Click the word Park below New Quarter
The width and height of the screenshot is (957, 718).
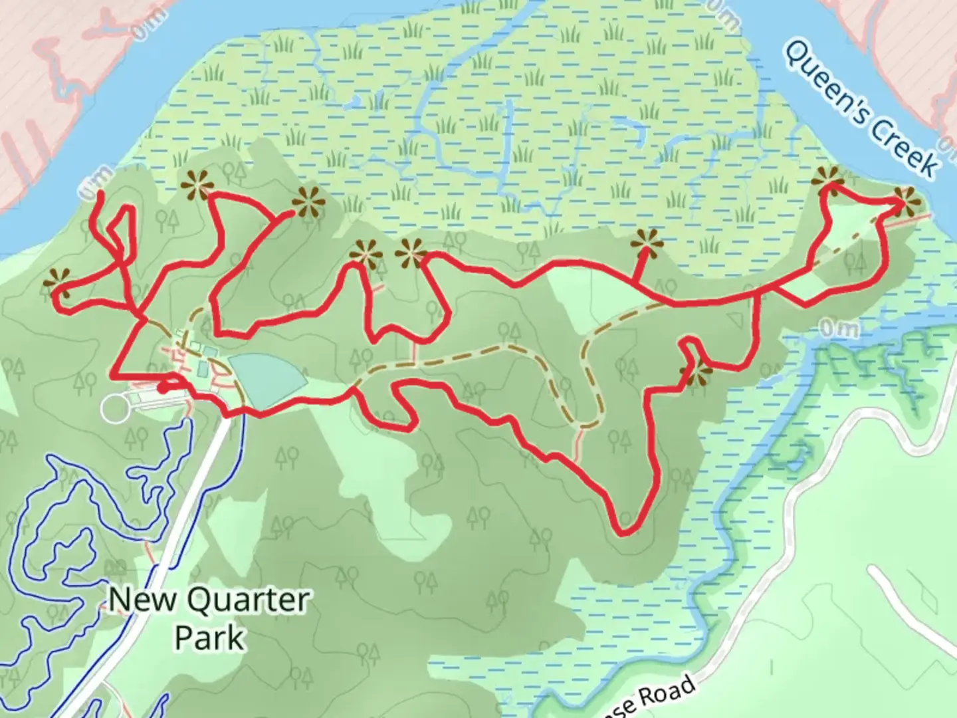(209, 637)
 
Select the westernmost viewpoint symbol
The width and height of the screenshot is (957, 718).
(57, 282)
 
